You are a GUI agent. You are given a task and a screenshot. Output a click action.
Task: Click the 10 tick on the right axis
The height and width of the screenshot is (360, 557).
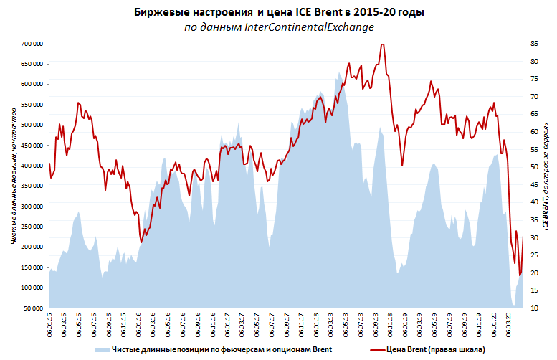pos(535,308)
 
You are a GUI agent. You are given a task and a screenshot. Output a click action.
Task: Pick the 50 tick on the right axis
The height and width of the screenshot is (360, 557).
pos(535,167)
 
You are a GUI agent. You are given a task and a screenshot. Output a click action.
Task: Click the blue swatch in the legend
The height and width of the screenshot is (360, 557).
pos(103,349)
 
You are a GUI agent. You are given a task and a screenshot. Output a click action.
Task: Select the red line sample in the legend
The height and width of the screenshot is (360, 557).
pos(376,349)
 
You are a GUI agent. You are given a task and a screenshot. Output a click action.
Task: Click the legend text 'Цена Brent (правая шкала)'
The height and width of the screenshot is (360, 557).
pos(435,349)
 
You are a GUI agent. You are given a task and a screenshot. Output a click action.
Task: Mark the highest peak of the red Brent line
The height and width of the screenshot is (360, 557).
pos(381,44)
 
